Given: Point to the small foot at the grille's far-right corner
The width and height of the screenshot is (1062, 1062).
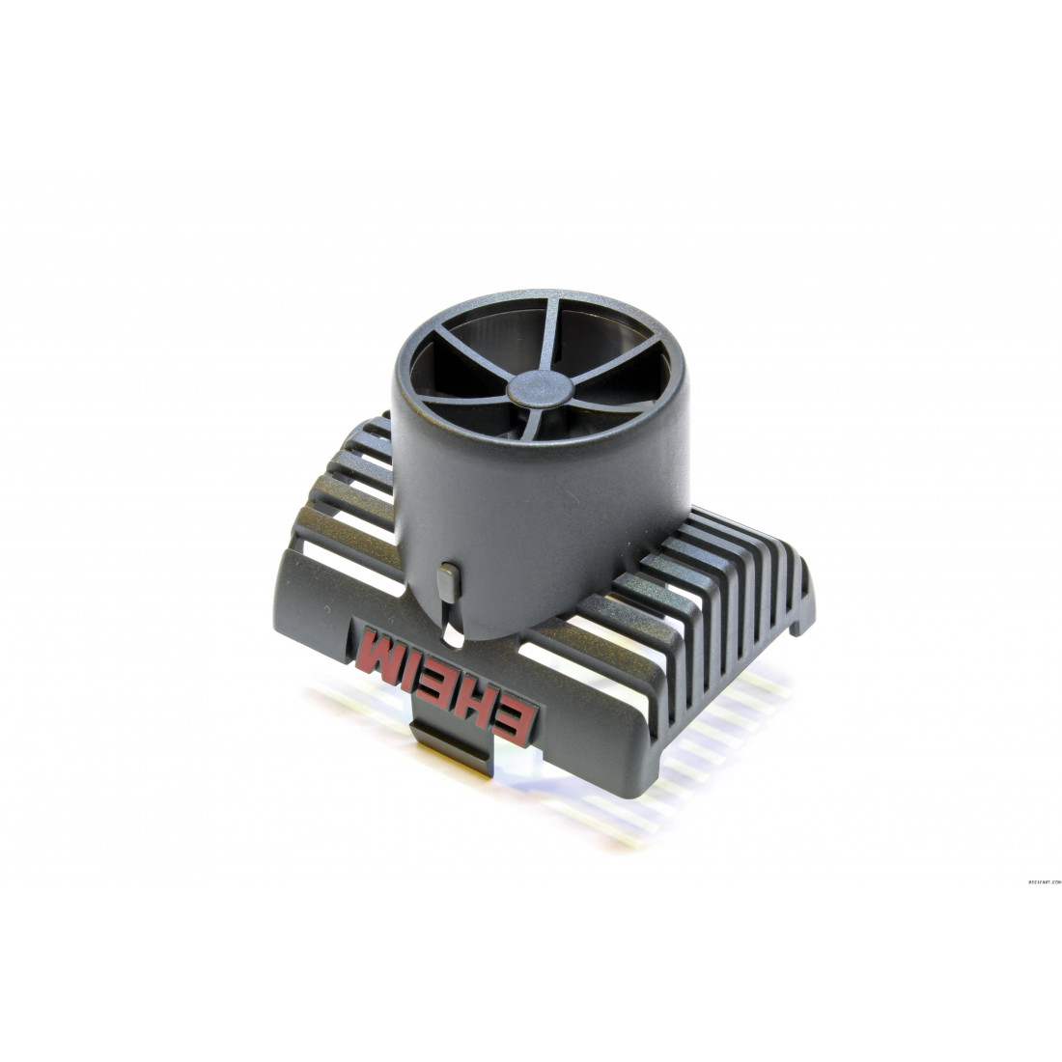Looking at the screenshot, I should click(x=797, y=629).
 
